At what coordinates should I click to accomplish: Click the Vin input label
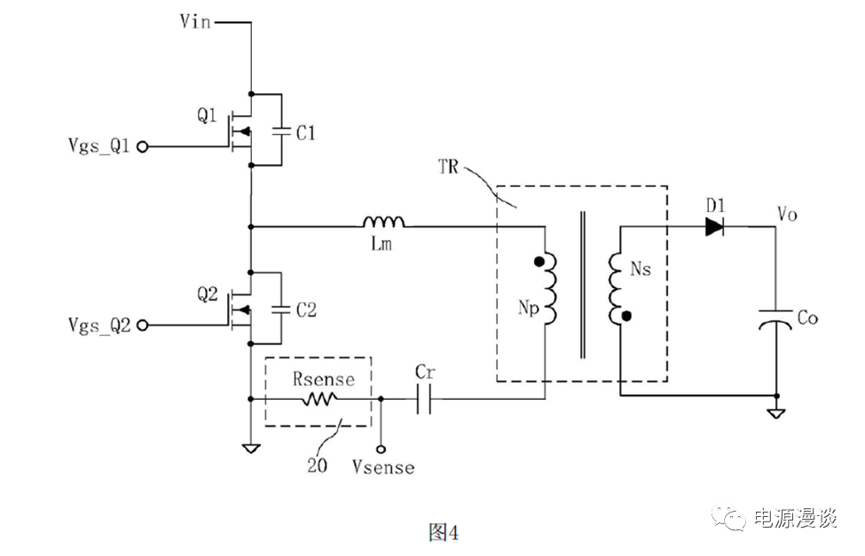(195, 21)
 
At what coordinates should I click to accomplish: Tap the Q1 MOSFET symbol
(237, 129)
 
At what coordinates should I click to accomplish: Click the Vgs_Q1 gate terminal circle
(139, 147)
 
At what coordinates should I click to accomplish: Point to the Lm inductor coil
(382, 222)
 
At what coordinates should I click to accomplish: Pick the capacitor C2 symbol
(281, 309)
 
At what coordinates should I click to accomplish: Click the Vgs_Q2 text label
(98, 325)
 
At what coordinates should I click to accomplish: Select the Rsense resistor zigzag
(318, 400)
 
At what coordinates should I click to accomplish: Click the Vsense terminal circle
(381, 448)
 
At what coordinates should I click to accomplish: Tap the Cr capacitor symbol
(423, 400)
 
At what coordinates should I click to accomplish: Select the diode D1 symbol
(716, 227)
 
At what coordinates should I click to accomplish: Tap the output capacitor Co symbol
(776, 318)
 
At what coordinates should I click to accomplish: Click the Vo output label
(788, 214)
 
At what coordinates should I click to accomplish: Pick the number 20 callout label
(317, 464)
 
